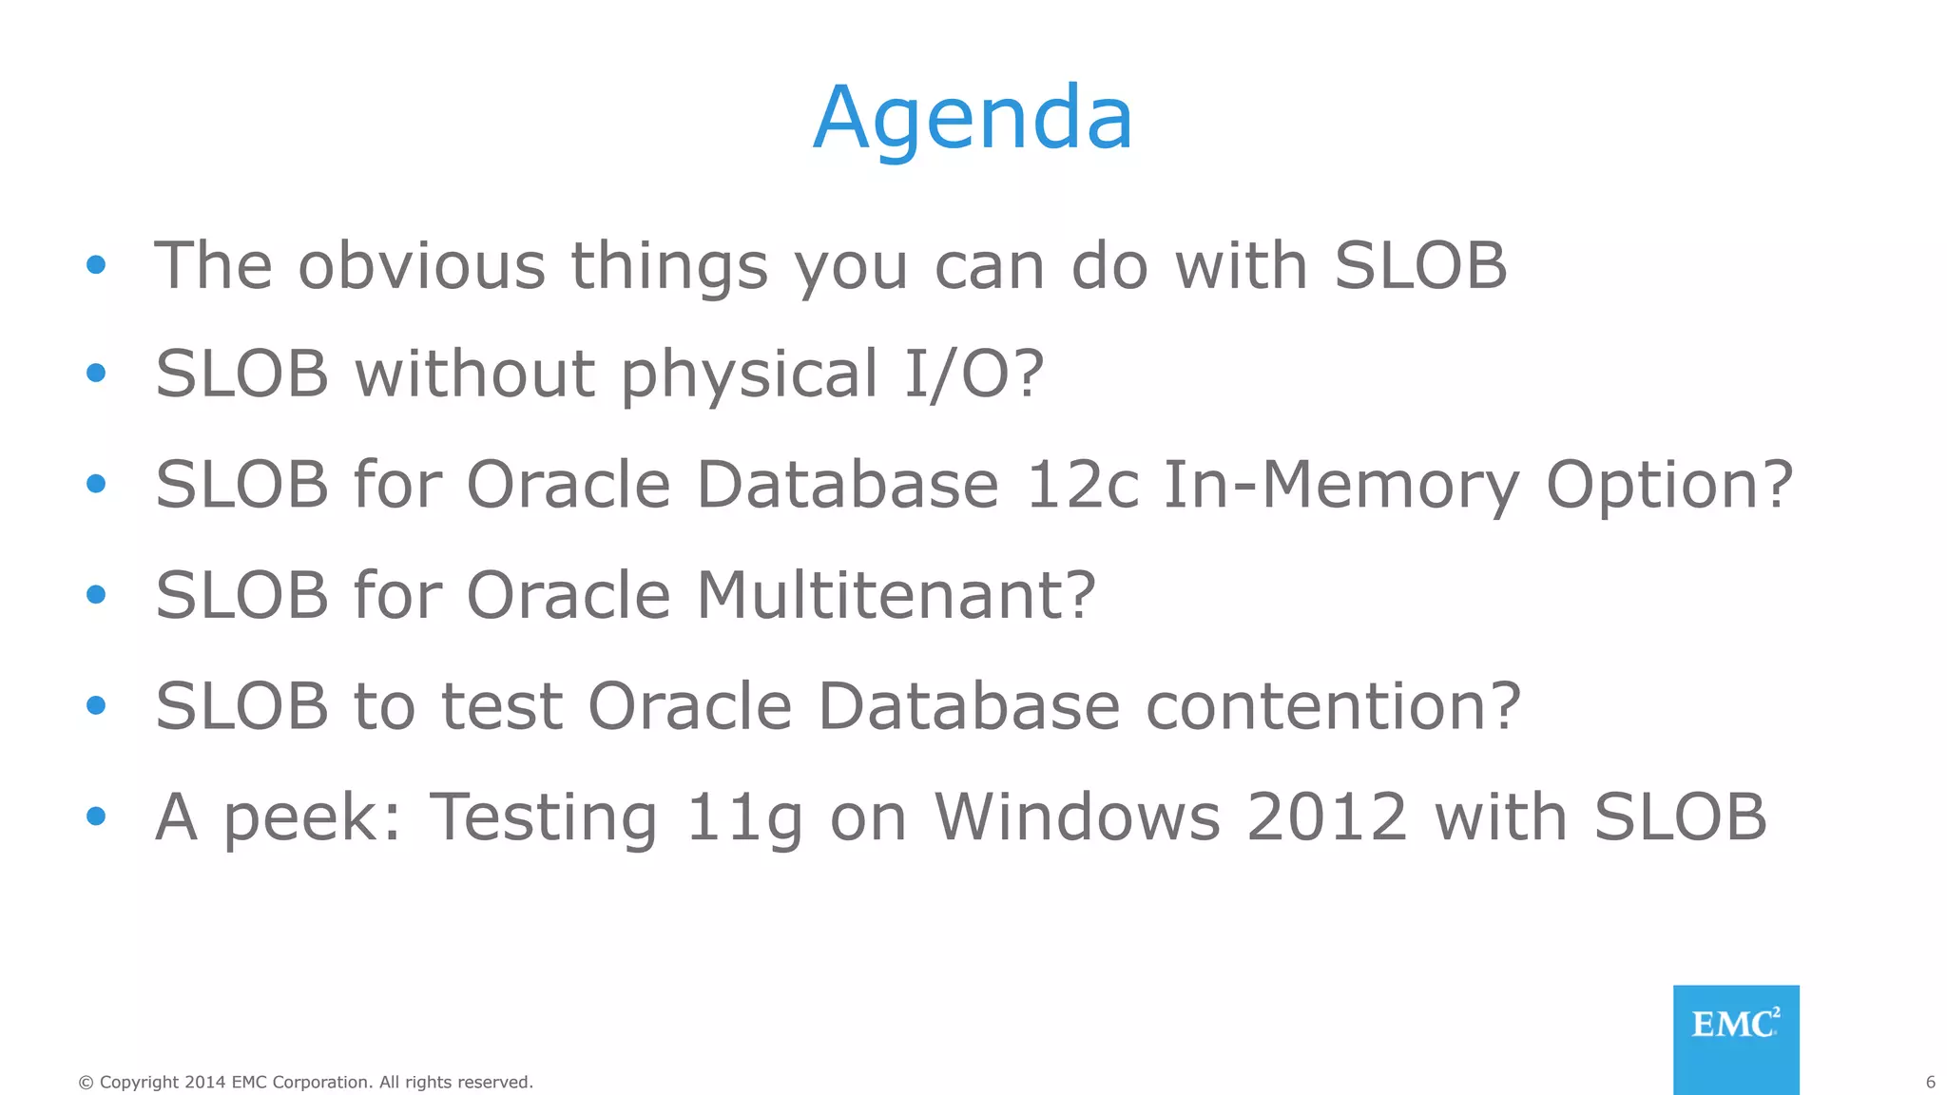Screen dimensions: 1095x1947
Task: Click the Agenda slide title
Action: [973, 118]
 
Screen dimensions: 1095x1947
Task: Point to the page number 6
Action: [1930, 1082]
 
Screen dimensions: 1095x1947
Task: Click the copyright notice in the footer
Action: [305, 1082]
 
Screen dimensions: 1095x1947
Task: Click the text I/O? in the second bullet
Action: [973, 374]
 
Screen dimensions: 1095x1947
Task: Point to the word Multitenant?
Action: [896, 596]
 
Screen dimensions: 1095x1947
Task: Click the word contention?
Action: [1333, 706]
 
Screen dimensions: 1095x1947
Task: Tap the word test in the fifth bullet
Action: [502, 706]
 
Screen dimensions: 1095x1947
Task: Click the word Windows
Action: [1077, 816]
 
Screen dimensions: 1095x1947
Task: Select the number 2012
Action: [1326, 816]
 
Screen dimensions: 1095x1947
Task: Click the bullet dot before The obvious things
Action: [95, 264]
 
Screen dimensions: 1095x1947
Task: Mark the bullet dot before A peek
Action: [95, 816]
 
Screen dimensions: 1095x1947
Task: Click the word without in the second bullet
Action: [474, 374]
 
